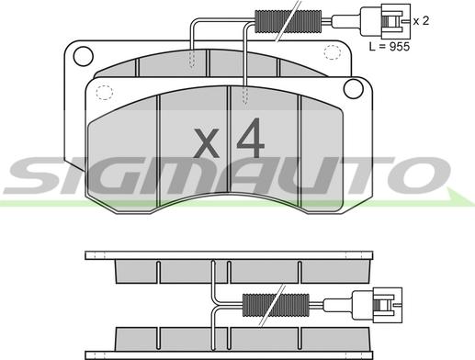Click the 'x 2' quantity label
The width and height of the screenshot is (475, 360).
[421, 21]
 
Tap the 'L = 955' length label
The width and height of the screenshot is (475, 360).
[390, 47]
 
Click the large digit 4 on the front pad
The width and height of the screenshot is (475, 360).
[250, 138]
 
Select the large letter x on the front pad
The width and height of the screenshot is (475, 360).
[208, 142]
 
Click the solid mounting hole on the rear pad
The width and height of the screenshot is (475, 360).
[83, 56]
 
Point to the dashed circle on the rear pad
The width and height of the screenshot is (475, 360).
[333, 52]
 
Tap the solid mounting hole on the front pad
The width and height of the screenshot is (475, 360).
[354, 88]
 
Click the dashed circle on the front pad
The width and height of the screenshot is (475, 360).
[105, 93]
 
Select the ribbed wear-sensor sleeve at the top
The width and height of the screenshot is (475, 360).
[288, 21]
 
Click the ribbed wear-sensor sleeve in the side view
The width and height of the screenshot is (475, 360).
[276, 305]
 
